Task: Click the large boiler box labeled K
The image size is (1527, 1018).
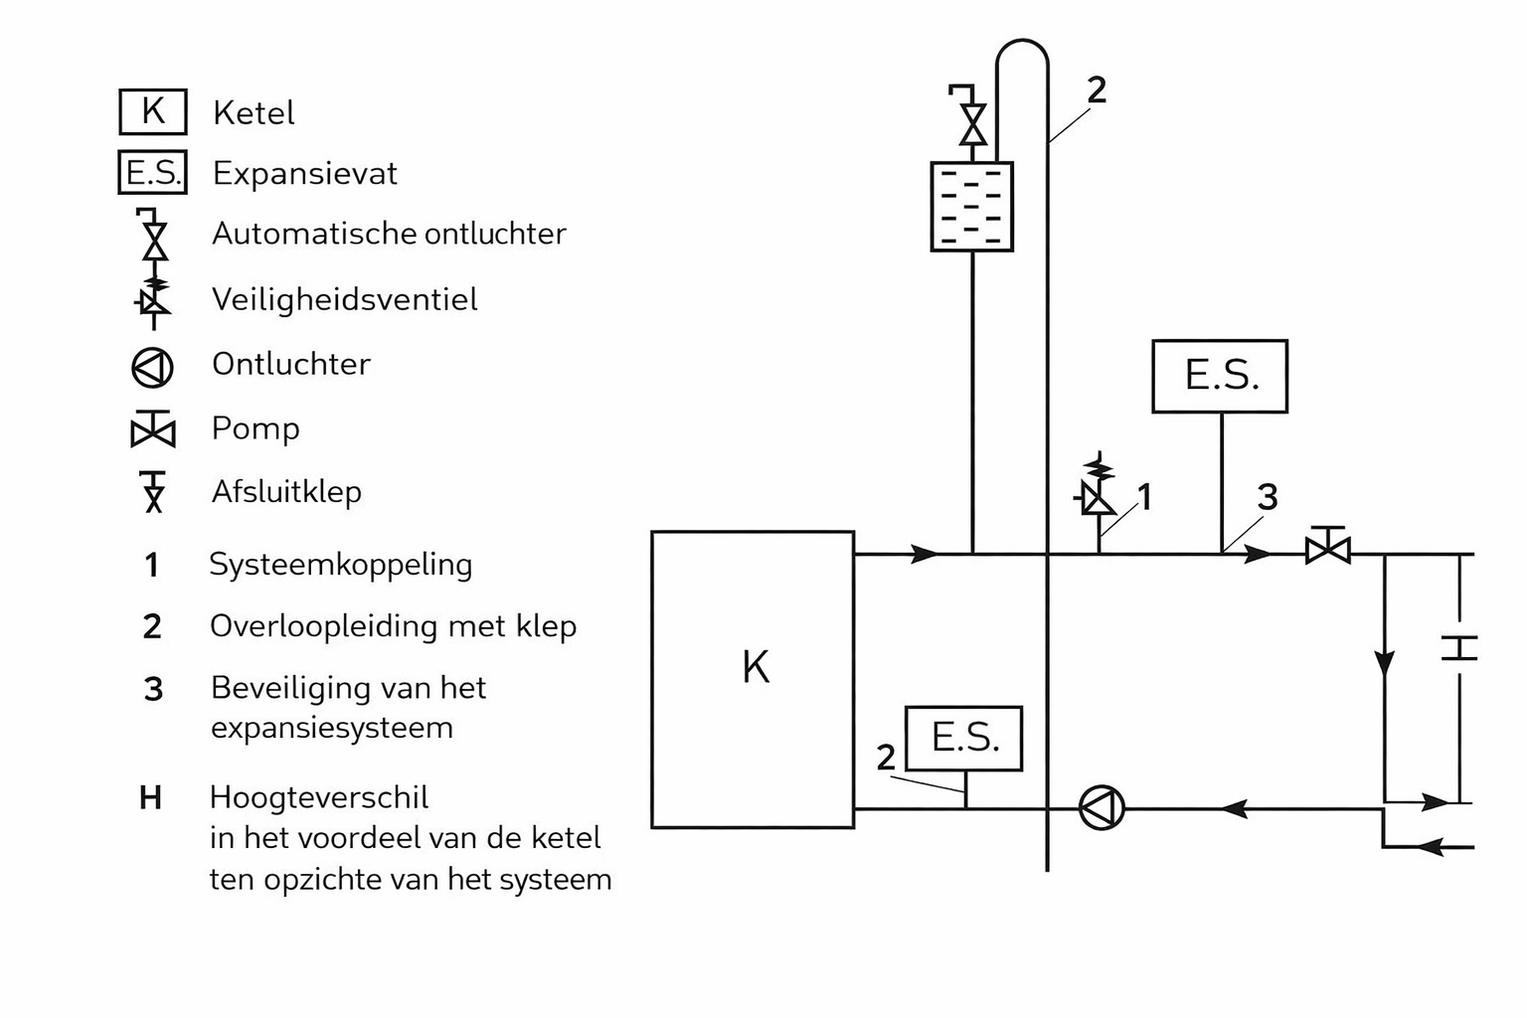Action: pos(753,679)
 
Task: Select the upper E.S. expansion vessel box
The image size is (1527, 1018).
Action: pos(1220,377)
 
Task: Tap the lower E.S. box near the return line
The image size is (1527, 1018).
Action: pos(963,739)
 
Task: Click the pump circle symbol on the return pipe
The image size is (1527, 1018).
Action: pos(1102,807)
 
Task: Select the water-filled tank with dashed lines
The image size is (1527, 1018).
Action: pos(971,207)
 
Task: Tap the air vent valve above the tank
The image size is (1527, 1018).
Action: pos(972,117)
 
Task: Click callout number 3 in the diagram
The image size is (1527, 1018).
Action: pos(1267,497)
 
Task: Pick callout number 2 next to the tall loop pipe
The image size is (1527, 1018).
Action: pos(1096,90)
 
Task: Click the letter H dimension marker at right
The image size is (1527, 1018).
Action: pos(1458,648)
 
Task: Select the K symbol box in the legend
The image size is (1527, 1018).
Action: pos(153,111)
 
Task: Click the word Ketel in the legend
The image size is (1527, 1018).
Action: pos(254,113)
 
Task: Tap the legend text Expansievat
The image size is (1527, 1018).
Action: pos(304,174)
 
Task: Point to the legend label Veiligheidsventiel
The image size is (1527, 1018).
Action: pos(344,299)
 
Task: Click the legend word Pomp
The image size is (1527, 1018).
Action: pos(255,428)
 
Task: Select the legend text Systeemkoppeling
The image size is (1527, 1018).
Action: pos(340,565)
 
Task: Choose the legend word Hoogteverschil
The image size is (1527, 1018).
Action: pos(319,797)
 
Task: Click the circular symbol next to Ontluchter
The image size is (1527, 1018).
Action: pos(153,367)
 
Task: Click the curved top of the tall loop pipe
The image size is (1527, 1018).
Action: pos(1022,44)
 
